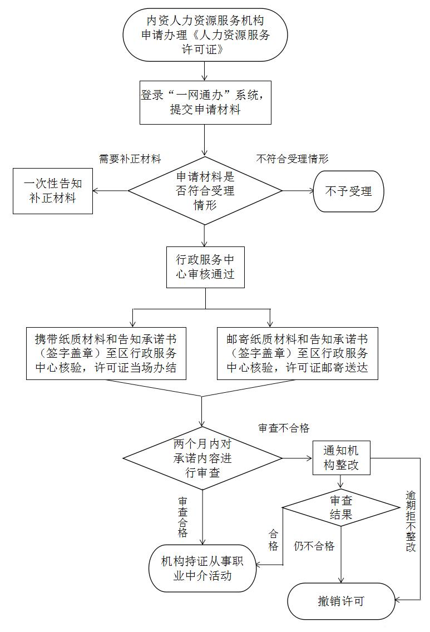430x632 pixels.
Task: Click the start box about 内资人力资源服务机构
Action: (x=205, y=34)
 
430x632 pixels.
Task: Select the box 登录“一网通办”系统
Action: (x=205, y=102)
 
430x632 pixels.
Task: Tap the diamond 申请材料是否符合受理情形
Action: (x=205, y=191)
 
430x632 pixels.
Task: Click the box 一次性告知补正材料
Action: (x=52, y=191)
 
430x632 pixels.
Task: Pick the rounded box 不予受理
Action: (x=349, y=191)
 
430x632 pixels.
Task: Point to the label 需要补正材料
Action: (x=130, y=159)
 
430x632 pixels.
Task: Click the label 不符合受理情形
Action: (x=292, y=159)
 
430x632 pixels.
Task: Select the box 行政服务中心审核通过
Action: (x=205, y=267)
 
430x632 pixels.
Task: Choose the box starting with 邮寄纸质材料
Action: (x=297, y=353)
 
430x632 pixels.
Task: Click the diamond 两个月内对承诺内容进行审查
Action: (x=202, y=459)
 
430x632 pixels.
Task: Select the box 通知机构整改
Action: (x=341, y=458)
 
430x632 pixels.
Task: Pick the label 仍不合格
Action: (x=314, y=546)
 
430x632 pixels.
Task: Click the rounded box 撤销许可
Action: (x=341, y=601)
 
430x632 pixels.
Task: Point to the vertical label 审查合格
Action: (x=182, y=517)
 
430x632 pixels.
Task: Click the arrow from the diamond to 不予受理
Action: (x=298, y=191)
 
